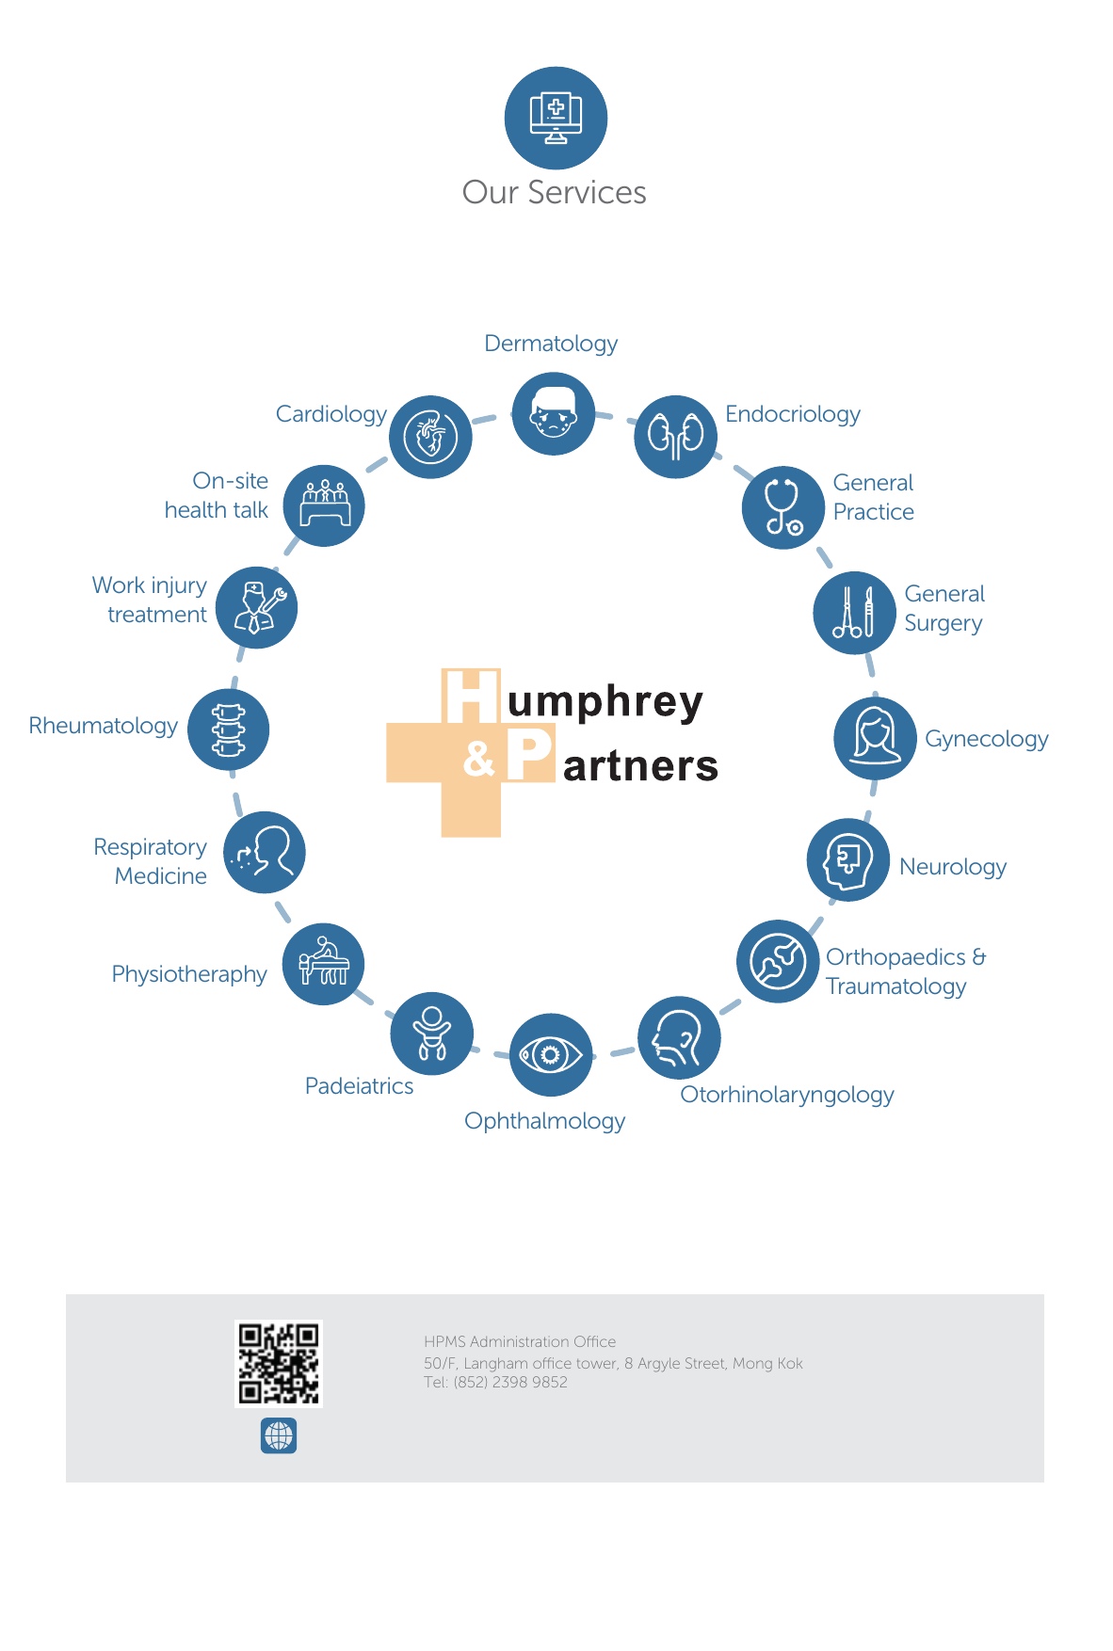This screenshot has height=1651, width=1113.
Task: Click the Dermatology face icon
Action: coord(554,414)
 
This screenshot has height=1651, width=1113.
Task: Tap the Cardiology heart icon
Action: coord(430,437)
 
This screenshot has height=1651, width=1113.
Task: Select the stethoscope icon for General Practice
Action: coord(782,507)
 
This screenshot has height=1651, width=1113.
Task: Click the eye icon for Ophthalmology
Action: coord(551,1054)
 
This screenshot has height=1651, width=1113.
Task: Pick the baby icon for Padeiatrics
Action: coord(432,1034)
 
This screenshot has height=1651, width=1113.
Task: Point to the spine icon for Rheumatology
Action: coord(228,729)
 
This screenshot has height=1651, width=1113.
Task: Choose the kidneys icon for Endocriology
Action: coord(675,437)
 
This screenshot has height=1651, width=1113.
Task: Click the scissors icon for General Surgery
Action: coord(854,613)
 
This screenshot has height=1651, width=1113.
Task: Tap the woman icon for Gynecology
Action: coord(875,738)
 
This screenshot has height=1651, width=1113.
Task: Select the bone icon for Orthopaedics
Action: coord(778,961)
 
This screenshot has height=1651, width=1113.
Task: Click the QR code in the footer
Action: coord(279,1363)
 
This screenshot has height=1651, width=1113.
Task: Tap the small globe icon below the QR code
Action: coord(279,1435)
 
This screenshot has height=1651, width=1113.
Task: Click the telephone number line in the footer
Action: coord(495,1383)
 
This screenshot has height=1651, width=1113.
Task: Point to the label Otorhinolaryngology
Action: coord(786,1095)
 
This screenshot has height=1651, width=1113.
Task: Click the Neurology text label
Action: coord(952,867)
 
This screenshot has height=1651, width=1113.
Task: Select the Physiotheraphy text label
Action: coord(189,974)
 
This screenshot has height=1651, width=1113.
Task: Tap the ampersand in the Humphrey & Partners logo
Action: coord(479,759)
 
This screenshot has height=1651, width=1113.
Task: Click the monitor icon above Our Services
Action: coord(556,119)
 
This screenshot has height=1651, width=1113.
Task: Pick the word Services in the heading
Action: coord(587,193)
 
